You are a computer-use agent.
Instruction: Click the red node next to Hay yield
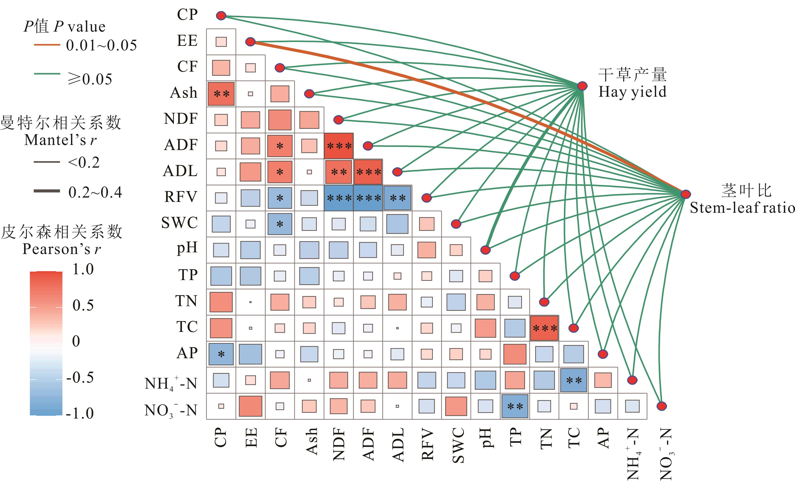click(582, 86)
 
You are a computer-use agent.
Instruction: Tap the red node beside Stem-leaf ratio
click(686, 194)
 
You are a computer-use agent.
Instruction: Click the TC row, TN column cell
click(544, 328)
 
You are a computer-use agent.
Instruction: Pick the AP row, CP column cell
click(221, 354)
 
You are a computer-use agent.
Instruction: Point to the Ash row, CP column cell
click(221, 94)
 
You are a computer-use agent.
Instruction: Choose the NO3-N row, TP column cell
click(515, 406)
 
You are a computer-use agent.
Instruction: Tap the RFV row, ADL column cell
click(397, 198)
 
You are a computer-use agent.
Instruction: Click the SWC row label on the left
click(179, 223)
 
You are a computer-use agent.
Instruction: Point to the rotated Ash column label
click(312, 441)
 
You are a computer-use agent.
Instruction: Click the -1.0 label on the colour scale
click(80, 413)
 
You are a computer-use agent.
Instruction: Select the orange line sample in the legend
click(47, 45)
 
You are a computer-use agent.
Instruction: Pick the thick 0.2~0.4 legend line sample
click(47, 191)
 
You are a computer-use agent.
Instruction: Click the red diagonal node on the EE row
click(250, 42)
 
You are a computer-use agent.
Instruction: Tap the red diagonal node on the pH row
click(486, 250)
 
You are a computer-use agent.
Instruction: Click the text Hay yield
click(632, 92)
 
